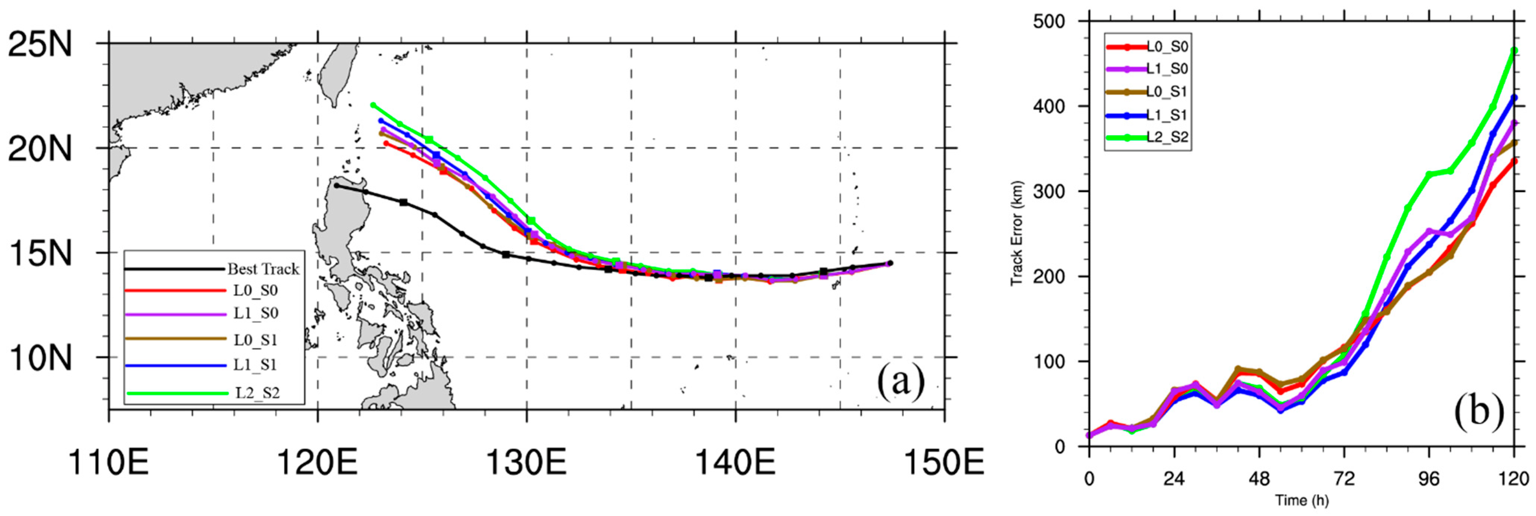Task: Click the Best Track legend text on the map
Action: (x=263, y=269)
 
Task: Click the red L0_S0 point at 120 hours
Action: (x=1514, y=161)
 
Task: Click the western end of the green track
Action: (x=373, y=105)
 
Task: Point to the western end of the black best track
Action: (x=336, y=186)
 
